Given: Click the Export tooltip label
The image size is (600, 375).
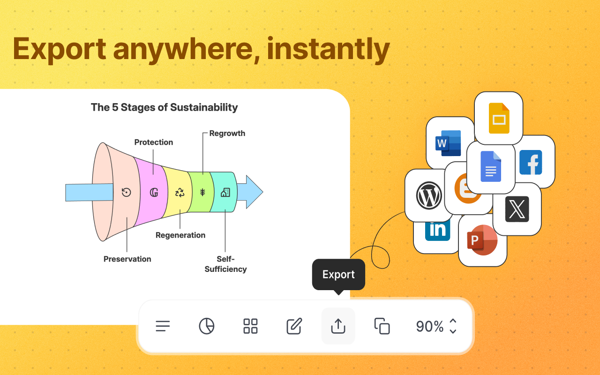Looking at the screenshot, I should tap(338, 274).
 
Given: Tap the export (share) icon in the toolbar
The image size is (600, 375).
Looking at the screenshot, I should tap(338, 326).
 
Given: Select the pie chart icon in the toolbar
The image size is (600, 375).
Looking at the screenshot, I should tap(207, 326).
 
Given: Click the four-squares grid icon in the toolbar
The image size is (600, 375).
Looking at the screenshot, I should tap(251, 326).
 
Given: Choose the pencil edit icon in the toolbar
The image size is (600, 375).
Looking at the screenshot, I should tap(294, 326).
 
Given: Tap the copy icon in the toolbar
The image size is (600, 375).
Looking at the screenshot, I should tap(382, 326).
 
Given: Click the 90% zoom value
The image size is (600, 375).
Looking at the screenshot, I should tap(430, 326).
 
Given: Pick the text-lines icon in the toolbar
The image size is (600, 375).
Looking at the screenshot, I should tap(163, 326).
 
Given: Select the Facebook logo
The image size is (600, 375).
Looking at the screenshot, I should tap(531, 162).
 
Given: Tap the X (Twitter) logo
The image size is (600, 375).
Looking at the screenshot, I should tap(517, 209).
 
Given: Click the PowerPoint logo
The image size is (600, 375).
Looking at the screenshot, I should tap(482, 240).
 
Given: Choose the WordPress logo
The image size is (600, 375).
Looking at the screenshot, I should tap(429, 195).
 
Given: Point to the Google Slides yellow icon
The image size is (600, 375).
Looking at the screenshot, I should tap(499, 118).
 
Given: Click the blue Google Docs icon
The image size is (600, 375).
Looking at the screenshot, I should tap(491, 167).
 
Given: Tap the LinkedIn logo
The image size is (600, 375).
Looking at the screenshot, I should tap(437, 230).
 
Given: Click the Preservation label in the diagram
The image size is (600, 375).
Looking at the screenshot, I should tap(127, 259).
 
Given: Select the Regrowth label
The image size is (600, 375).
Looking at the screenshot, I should tap(227, 133).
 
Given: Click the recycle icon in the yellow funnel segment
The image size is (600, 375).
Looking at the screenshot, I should tap(180, 192).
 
